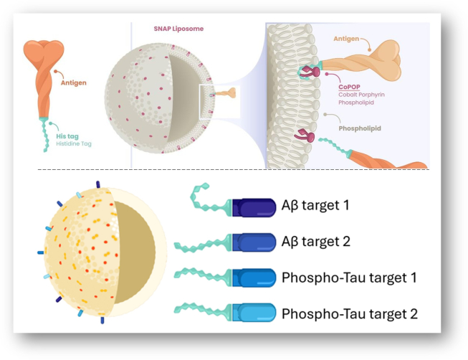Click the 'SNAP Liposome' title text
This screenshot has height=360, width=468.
(178, 29)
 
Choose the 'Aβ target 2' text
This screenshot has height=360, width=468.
(316, 242)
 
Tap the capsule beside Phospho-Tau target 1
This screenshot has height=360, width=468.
(254, 277)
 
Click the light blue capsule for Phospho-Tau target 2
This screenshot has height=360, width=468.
(254, 313)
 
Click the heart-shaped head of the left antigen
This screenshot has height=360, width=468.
(45, 51)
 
